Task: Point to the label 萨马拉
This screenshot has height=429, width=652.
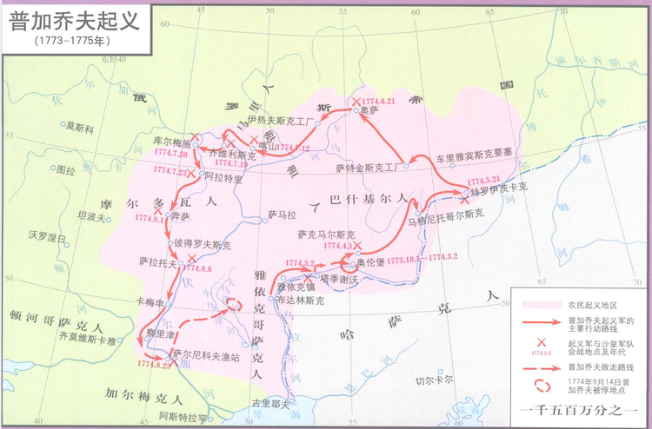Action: click(283, 214)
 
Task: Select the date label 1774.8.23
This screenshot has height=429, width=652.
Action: click(155, 364)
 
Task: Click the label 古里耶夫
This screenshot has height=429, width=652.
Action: click(268, 404)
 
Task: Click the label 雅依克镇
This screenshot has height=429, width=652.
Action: click(296, 287)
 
